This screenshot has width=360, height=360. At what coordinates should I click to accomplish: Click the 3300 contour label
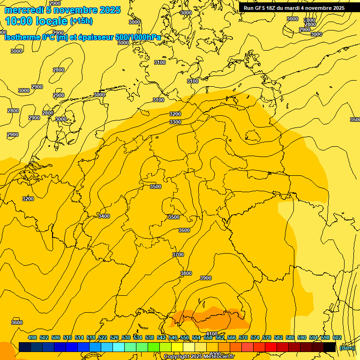pos(175,122)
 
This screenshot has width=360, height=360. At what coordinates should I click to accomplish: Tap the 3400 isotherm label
pos(104,216)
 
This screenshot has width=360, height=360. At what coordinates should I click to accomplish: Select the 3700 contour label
pos(178,255)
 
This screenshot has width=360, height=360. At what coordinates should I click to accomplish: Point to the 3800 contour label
pos(186,273)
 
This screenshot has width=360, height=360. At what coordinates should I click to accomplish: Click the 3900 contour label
pos(206,278)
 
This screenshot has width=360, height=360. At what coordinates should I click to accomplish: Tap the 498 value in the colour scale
pos(32,337)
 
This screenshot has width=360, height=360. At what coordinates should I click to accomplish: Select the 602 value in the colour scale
pos(337,337)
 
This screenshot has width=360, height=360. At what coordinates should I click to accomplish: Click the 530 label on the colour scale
pos(126,337)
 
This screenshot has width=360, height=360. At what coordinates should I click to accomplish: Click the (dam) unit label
pos(347,347)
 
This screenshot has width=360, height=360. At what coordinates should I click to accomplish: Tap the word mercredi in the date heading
pos(24,10)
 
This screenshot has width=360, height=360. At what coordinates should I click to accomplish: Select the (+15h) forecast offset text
pos(81,21)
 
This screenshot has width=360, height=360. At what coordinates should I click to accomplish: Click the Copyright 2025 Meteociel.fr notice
pos(199,357)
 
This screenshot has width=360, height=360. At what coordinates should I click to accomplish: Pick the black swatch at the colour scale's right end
pos(330,347)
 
